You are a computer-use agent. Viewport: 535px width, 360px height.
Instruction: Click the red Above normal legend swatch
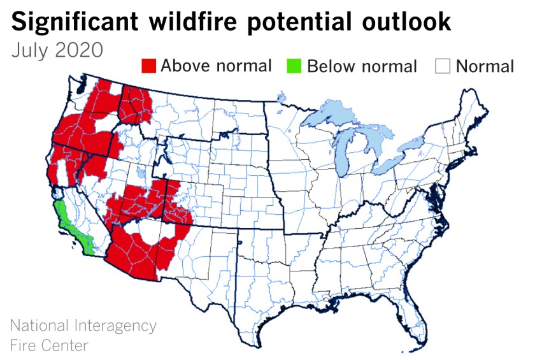[x=148, y=66]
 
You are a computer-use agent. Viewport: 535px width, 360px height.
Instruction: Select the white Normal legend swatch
[x=444, y=66]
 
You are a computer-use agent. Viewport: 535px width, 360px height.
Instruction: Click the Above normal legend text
[x=216, y=66]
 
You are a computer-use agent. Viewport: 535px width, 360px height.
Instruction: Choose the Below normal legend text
[x=362, y=66]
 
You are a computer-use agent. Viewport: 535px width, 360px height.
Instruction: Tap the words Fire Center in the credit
[x=49, y=345]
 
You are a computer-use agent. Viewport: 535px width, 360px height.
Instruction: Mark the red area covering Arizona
[x=137, y=252]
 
